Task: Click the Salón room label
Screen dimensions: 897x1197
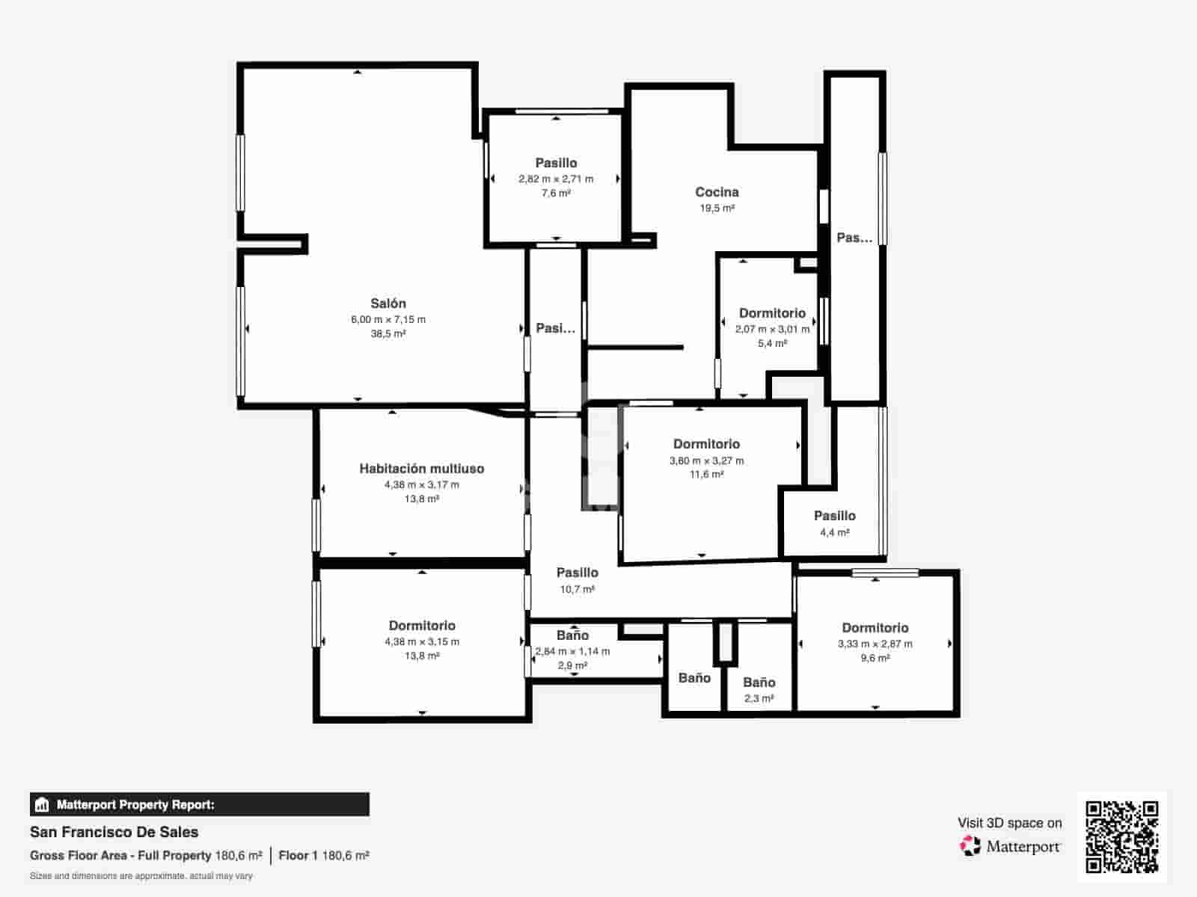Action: click(388, 303)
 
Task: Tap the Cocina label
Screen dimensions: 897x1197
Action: click(717, 192)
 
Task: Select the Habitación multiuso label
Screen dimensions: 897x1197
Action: click(421, 469)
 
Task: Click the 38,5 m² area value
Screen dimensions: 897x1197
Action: click(388, 333)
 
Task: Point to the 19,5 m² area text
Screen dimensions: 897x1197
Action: click(717, 208)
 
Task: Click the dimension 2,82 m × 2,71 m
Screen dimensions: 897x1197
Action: click(556, 179)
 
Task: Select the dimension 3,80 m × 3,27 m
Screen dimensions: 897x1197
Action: click(706, 460)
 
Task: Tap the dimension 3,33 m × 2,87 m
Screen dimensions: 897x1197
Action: click(875, 644)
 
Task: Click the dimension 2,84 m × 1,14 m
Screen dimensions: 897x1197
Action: click(572, 651)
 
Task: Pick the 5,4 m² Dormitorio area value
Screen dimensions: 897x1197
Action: click(772, 343)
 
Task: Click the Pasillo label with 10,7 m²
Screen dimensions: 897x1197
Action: click(577, 573)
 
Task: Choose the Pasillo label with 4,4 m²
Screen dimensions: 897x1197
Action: click(834, 516)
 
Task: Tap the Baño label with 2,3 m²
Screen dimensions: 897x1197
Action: click(759, 682)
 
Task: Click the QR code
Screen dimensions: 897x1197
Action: click(1121, 836)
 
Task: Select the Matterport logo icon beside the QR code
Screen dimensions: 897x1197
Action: click(970, 846)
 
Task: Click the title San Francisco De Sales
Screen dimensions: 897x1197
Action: click(114, 832)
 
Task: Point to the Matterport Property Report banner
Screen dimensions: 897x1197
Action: click(199, 804)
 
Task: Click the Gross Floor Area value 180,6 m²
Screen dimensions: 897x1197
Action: click(239, 855)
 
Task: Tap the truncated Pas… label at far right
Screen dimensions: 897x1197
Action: click(854, 238)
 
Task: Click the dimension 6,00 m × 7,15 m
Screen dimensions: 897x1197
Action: click(388, 319)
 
